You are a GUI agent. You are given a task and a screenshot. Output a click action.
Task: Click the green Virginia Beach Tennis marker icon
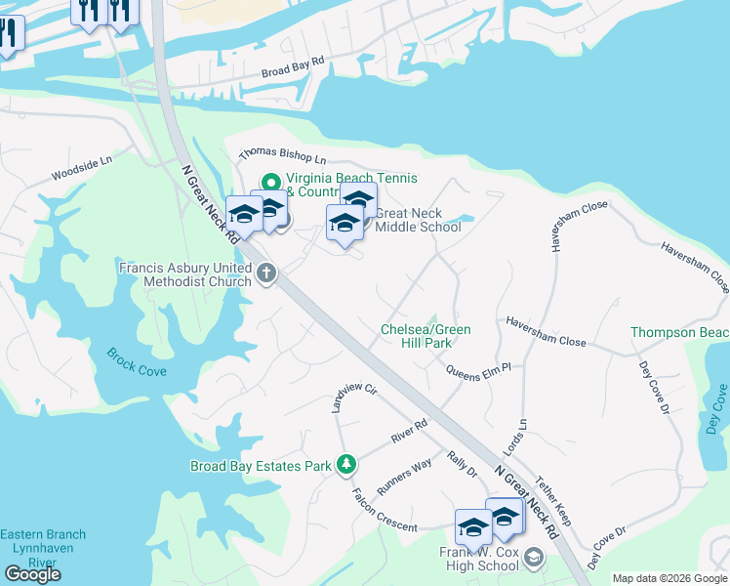pyautogui.click(x=270, y=181)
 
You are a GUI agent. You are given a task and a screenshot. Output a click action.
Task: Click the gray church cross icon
pyautogui.click(x=266, y=275)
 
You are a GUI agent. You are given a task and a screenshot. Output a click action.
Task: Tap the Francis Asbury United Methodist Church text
pyautogui.click(x=186, y=274)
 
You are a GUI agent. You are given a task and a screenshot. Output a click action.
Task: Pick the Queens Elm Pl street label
pyautogui.click(x=485, y=370)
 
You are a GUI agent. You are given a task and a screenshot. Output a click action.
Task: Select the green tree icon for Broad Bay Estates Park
pyautogui.click(x=345, y=465)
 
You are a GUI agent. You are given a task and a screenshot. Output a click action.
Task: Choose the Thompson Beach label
pyautogui.click(x=679, y=333)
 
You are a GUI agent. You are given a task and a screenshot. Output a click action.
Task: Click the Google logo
pyautogui.click(x=32, y=574)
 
